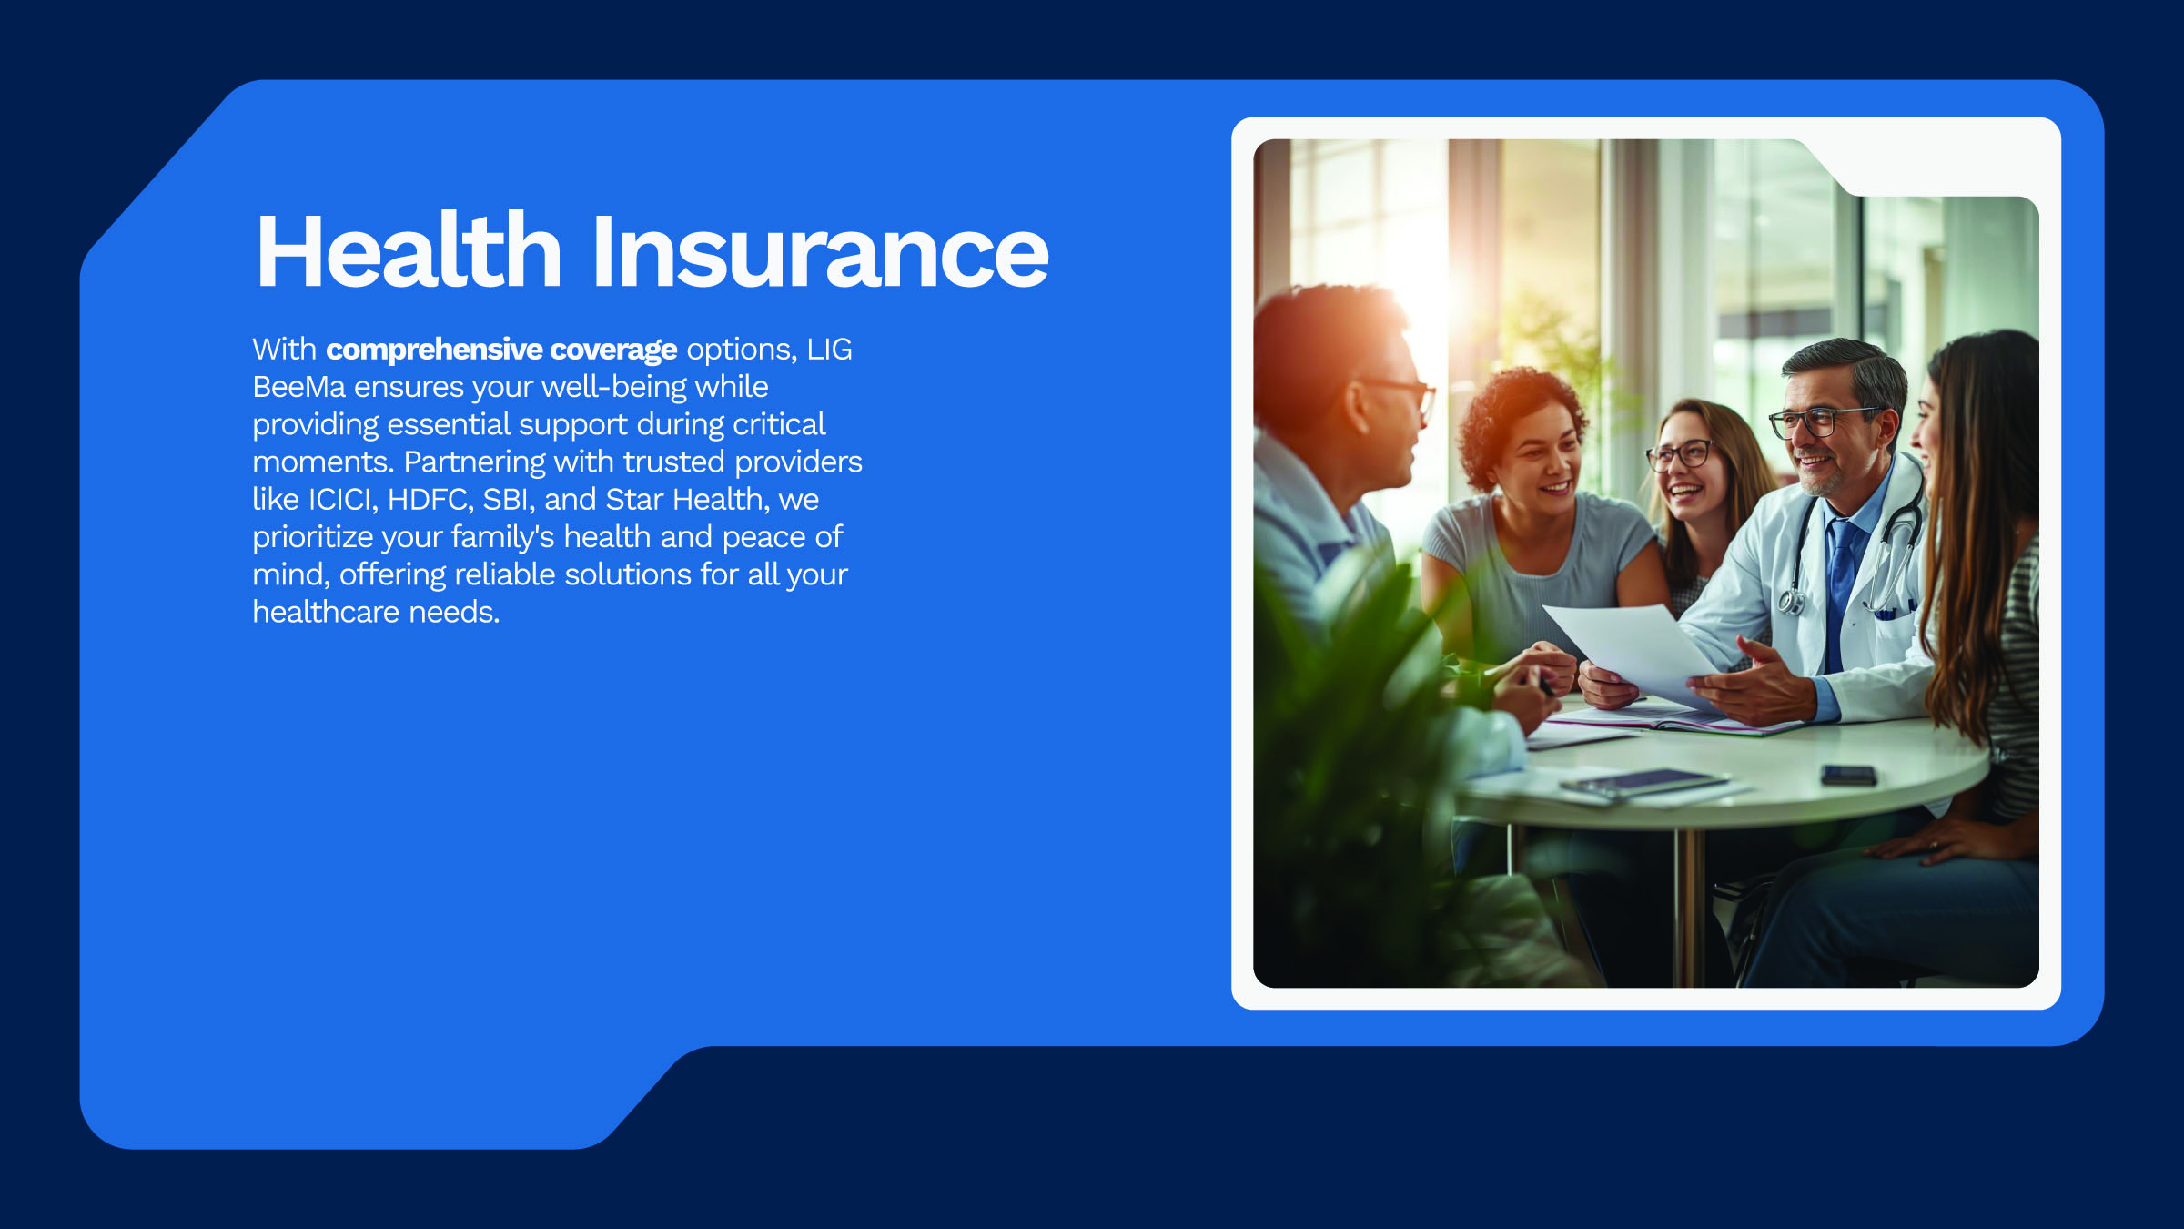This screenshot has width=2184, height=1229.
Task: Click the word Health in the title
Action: coord(409,251)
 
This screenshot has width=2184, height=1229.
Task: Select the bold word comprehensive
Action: coord(434,350)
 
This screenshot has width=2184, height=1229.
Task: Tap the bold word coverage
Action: coord(613,350)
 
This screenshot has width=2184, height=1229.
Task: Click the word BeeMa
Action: coord(298,387)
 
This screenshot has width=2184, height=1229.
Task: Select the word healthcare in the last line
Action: coord(326,613)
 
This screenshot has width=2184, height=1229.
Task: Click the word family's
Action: coord(502,537)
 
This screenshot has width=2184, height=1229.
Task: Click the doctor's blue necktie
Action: coord(1840,583)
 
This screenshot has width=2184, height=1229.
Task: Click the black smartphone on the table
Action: coord(1848,775)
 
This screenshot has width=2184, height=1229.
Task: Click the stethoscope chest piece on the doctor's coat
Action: coord(1791,601)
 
